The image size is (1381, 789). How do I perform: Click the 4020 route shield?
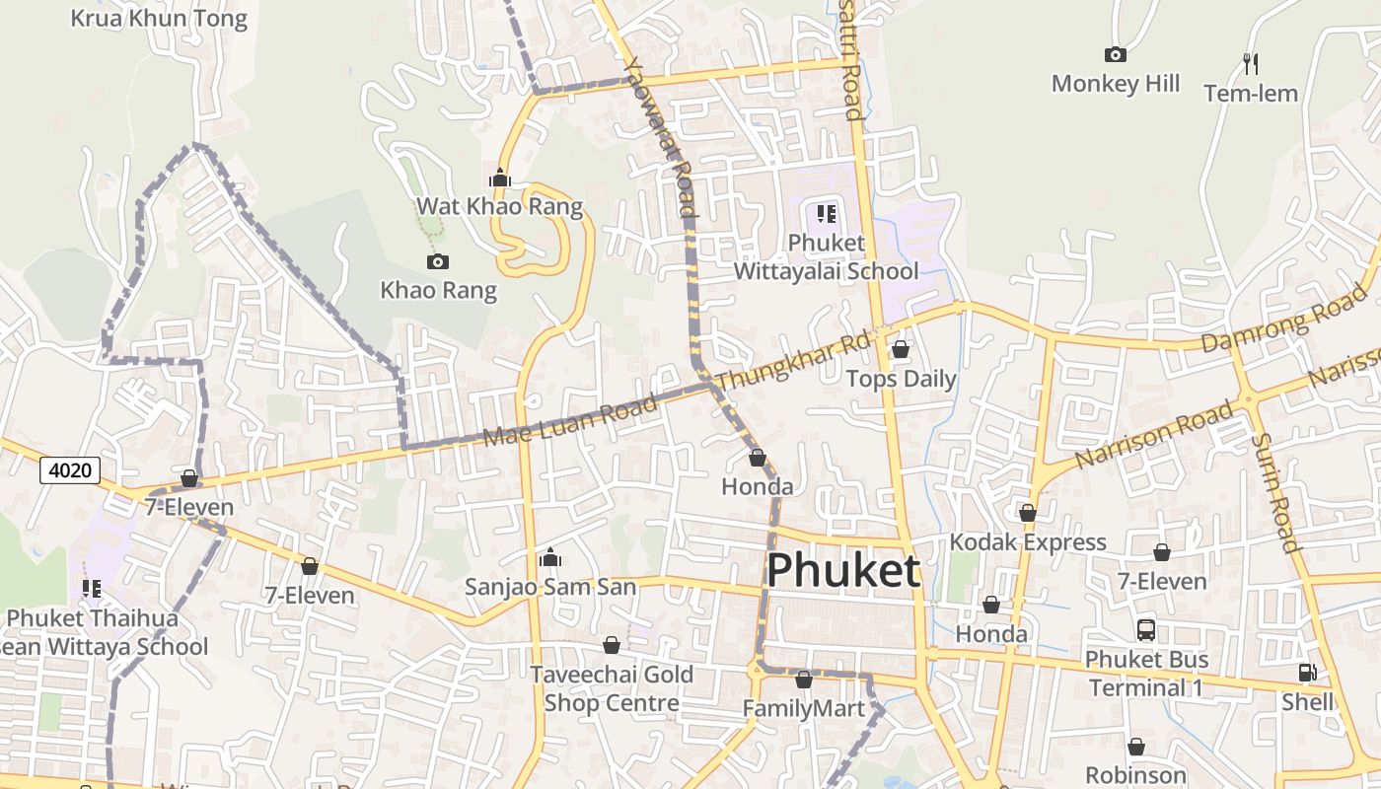tap(70, 470)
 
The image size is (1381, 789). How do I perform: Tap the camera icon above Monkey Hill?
tap(1116, 54)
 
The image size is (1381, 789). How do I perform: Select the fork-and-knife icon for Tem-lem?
tap(1251, 64)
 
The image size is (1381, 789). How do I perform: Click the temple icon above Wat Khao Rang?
tap(500, 178)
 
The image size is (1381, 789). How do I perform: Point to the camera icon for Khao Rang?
tap(438, 261)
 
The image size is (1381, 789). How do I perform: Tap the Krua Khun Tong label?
tap(159, 18)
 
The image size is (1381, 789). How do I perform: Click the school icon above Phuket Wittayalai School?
tap(827, 213)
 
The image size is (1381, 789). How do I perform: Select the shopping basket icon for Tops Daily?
tap(901, 349)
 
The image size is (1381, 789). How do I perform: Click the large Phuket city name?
tap(843, 571)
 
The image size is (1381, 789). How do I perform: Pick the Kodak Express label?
tap(1028, 541)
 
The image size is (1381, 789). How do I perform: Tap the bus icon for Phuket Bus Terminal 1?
tap(1146, 629)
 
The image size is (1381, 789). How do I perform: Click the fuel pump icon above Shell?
tap(1307, 673)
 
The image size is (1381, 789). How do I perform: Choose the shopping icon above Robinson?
tap(1136, 747)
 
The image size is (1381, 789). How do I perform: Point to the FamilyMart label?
tap(803, 708)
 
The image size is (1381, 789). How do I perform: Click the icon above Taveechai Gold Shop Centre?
tap(612, 645)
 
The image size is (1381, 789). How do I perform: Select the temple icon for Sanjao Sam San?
tap(550, 557)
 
